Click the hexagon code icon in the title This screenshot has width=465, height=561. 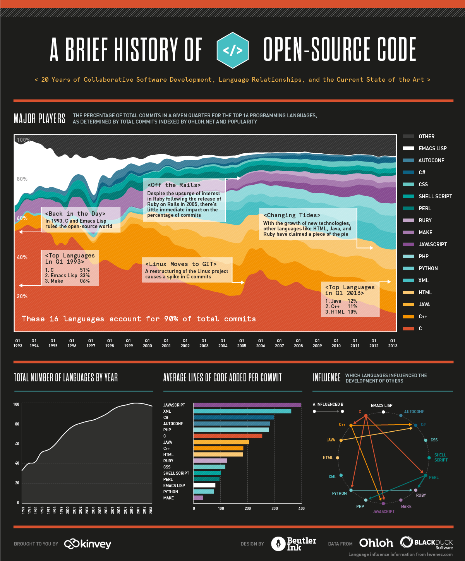232,50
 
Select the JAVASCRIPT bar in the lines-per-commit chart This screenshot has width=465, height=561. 247,405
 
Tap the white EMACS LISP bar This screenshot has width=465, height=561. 204,486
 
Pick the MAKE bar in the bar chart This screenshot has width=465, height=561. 198,498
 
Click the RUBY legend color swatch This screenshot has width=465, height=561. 408,220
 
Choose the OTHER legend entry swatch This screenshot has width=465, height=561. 408,136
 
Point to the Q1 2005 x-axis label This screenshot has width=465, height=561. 242,343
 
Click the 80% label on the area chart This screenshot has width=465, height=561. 22,179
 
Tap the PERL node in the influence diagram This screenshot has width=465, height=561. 425,475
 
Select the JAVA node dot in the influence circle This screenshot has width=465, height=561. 341,440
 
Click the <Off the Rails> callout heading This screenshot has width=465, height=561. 174,185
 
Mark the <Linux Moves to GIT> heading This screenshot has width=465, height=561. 181,264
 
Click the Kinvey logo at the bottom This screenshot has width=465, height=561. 88,544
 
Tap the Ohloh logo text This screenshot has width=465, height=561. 376,543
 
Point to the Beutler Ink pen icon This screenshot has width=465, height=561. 278,544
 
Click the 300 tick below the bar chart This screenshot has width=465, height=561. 275,508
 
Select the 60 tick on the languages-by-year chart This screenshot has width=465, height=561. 17,444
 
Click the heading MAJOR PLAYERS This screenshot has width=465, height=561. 39,118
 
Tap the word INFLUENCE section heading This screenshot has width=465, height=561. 326,377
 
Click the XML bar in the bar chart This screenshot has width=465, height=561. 242,411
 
